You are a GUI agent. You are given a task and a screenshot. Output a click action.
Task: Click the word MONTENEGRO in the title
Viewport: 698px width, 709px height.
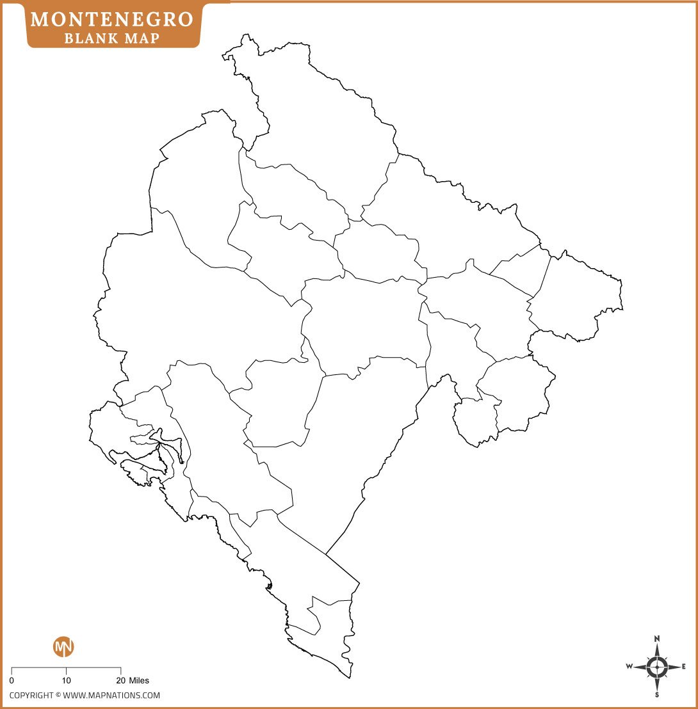[x=111, y=19]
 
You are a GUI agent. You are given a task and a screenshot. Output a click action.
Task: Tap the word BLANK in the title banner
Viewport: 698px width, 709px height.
[x=86, y=38]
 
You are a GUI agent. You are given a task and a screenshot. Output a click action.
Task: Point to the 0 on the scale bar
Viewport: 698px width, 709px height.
[x=12, y=681]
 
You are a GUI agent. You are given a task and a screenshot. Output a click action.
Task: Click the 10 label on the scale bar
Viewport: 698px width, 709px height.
[x=67, y=681]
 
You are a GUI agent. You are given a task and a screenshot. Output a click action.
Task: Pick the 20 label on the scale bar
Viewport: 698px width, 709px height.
[x=120, y=681]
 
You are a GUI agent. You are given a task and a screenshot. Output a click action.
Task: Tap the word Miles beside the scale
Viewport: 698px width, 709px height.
[x=139, y=681]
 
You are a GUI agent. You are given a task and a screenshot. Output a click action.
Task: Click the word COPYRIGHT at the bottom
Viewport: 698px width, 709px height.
[x=31, y=696]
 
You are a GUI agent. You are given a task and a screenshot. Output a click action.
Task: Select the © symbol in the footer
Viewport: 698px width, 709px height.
[x=58, y=696]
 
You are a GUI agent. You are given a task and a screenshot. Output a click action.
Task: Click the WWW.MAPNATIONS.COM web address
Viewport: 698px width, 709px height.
[x=111, y=696]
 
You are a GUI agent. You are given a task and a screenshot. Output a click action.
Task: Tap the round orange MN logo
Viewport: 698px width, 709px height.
[x=63, y=646]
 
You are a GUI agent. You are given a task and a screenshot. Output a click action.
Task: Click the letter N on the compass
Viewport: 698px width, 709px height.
[x=657, y=639]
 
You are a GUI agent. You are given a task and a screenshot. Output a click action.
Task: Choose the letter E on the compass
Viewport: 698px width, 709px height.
[x=684, y=667]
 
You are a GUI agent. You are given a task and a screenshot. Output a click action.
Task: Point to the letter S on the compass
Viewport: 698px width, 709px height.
[x=657, y=694]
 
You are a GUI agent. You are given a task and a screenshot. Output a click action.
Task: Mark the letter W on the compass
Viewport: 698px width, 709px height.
[x=629, y=667]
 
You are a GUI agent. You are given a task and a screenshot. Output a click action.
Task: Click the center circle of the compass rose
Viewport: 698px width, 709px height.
[x=657, y=667]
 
